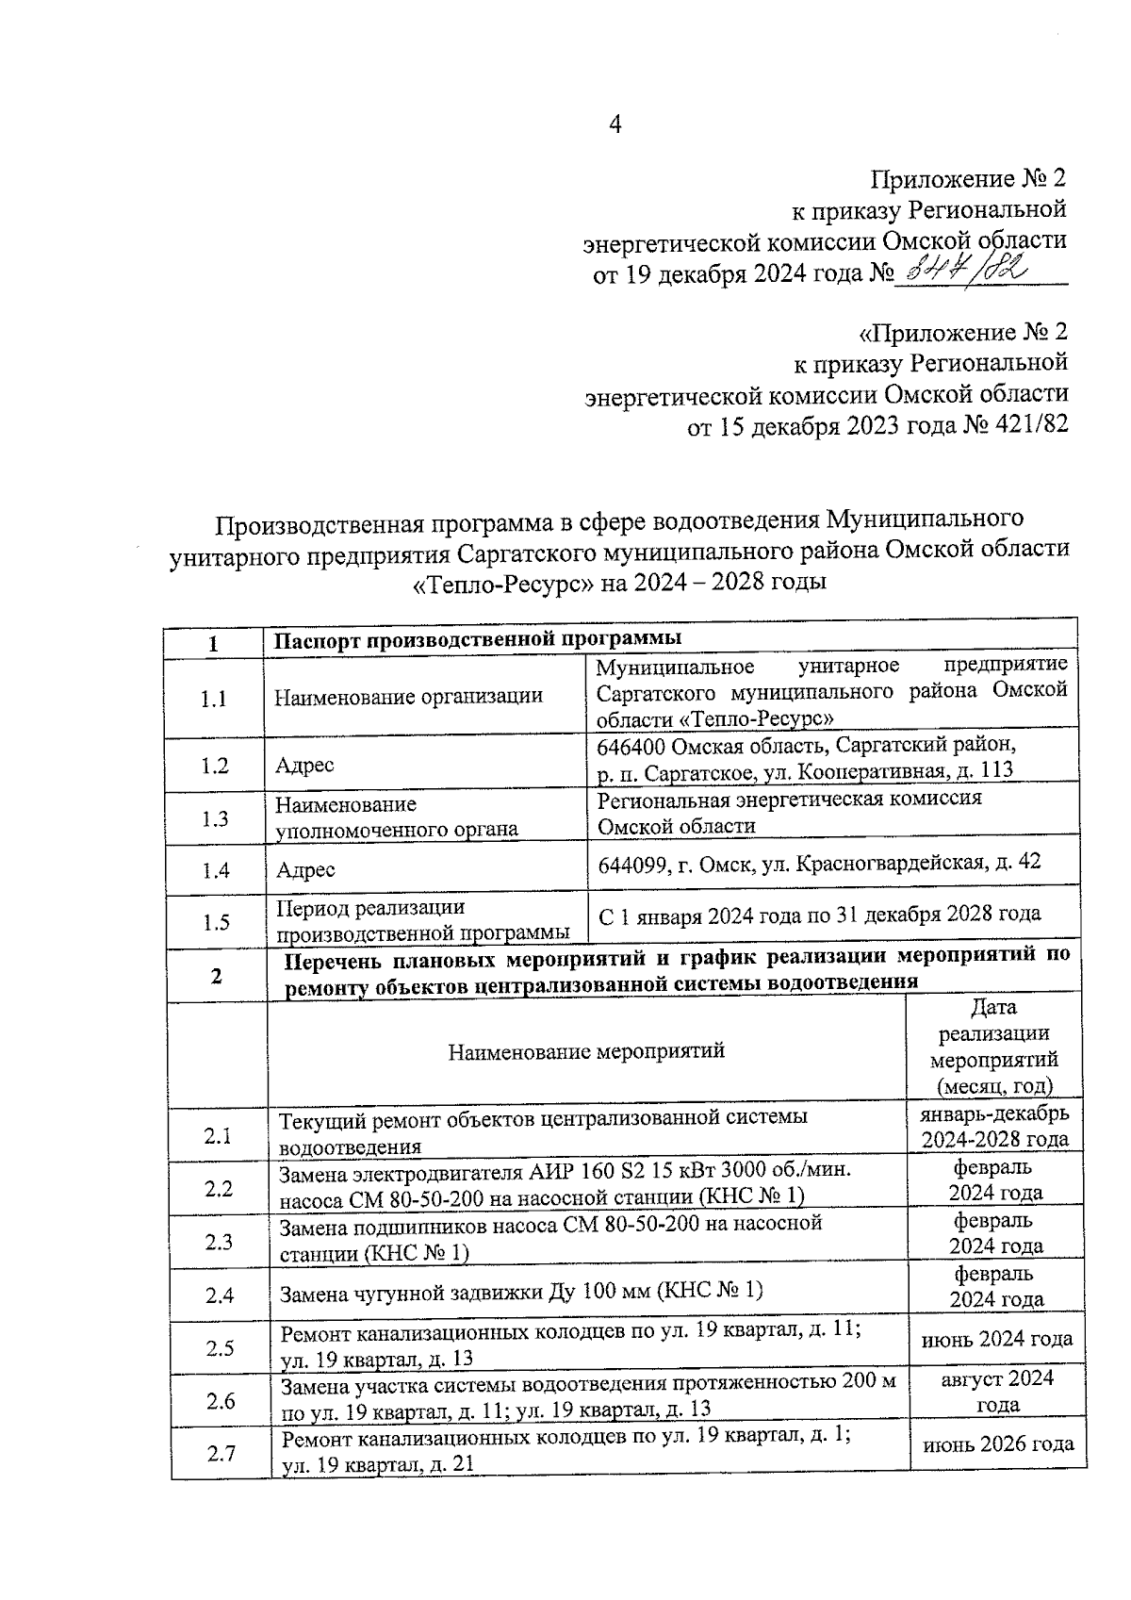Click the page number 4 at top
coord(615,124)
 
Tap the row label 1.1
coord(215,699)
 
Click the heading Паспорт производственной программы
coord(478,640)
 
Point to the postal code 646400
coord(632,745)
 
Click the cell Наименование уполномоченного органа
coord(397,816)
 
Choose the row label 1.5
coord(216,922)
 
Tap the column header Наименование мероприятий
coord(586,1050)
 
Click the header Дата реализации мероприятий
coord(997,1047)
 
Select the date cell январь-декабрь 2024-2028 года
coord(995,1126)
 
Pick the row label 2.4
coord(220,1295)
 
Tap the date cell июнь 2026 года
coord(997,1443)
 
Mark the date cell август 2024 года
coord(997,1391)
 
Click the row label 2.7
coord(221,1454)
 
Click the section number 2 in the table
coord(217,977)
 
